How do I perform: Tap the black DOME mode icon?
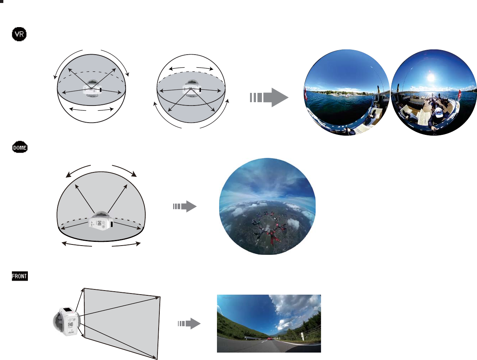(20, 147)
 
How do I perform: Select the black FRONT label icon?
(20, 276)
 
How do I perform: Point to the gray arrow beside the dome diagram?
(185, 206)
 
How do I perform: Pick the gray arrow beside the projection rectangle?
(189, 324)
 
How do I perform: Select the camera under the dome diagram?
(101, 221)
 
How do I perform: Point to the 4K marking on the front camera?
(71, 332)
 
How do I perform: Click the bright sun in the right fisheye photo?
(431, 78)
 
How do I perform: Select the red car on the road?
(270, 338)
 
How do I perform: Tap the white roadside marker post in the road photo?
(303, 336)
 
